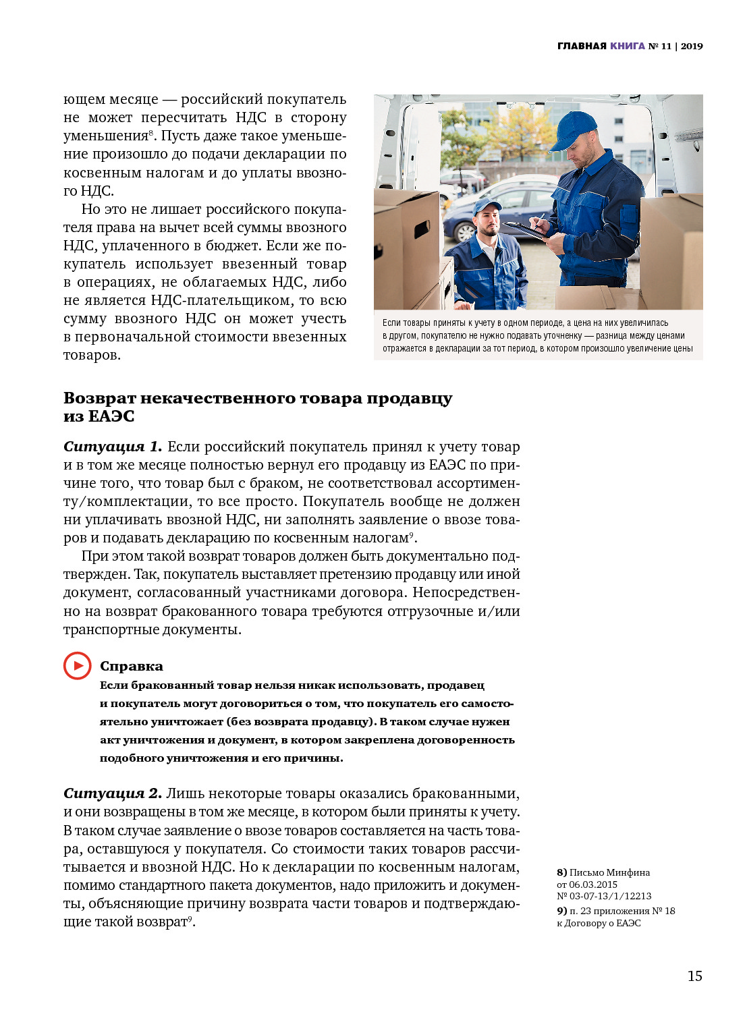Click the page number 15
tap(694, 976)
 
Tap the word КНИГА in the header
tap(628, 46)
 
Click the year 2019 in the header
tap(692, 46)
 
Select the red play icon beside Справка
tap(78, 666)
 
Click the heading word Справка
tap(132, 666)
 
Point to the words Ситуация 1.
tap(113, 447)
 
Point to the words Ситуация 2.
tap(113, 793)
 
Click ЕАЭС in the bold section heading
tap(111, 416)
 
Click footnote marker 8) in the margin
tap(561, 872)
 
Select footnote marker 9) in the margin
tap(561, 911)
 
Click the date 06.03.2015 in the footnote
tap(593, 884)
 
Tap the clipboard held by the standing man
tap(526, 229)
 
